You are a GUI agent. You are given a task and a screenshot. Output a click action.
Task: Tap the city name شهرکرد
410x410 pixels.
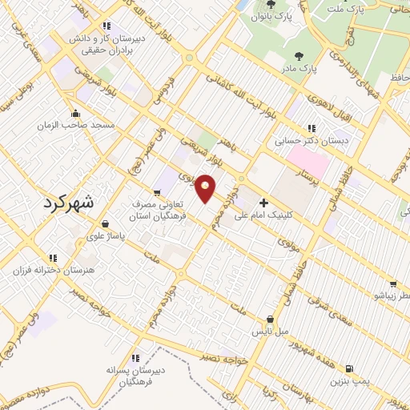tap(68, 203)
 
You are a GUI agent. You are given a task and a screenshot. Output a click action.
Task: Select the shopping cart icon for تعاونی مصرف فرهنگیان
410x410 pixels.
tap(156, 192)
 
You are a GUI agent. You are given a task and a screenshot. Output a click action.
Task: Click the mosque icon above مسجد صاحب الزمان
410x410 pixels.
tap(75, 113)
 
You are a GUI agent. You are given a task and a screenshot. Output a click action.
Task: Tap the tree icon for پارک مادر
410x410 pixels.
tap(299, 57)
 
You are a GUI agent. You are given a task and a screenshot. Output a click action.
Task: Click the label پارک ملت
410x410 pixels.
tap(346, 9)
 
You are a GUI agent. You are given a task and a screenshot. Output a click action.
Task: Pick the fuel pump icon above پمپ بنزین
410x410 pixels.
tap(348, 368)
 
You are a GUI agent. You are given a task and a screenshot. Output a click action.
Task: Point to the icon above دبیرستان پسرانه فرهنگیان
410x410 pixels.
tap(135, 357)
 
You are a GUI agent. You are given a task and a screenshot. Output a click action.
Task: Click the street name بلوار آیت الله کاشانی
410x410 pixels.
tap(241, 94)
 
